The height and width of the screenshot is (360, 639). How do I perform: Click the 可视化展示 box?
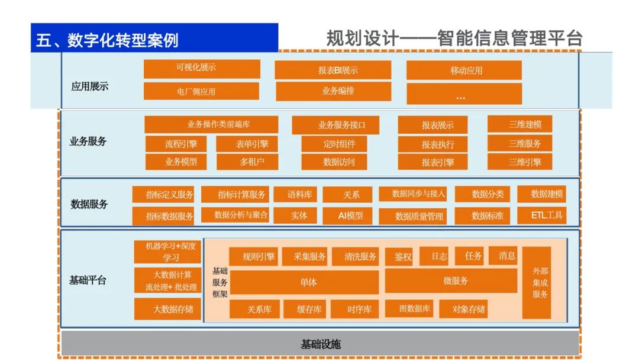(x=202, y=69)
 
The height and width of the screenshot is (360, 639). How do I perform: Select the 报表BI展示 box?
(x=333, y=70)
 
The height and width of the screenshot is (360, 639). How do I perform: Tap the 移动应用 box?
(x=464, y=70)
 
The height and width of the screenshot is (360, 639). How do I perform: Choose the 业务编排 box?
(x=333, y=91)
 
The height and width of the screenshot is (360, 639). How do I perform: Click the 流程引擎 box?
(x=181, y=143)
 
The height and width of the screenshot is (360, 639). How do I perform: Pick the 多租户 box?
(x=247, y=161)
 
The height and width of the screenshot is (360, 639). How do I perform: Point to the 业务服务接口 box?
(x=335, y=125)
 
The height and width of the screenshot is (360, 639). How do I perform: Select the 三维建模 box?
(x=519, y=124)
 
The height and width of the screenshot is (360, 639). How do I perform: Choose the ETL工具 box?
(x=541, y=215)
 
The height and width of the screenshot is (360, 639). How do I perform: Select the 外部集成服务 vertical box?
(x=537, y=282)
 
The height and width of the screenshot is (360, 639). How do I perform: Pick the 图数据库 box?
(x=409, y=308)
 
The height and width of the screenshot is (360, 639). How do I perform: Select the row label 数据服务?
(x=89, y=204)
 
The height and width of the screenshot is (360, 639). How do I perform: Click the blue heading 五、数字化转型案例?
(x=107, y=40)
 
